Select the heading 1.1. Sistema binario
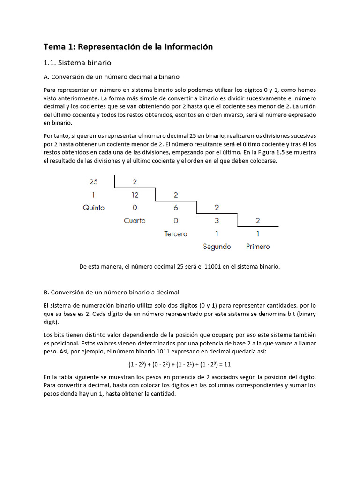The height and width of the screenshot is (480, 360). point(77,62)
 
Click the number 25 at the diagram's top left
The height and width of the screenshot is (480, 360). point(94,181)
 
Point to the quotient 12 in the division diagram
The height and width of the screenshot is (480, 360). point(135,195)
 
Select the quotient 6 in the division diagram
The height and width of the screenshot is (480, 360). point(176,207)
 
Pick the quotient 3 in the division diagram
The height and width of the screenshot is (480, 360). point(217,220)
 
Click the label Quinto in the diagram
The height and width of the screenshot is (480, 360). point(94,208)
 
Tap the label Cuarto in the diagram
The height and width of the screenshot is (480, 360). point(135,221)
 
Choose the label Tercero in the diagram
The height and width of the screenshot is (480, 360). point(176,233)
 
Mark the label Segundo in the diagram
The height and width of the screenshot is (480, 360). point(217,247)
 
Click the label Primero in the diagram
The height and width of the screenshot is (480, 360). point(258,247)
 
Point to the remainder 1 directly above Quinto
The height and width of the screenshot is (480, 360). point(94,195)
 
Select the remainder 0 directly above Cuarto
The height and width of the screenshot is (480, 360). point(135,208)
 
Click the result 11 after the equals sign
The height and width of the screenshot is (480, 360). point(228,364)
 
